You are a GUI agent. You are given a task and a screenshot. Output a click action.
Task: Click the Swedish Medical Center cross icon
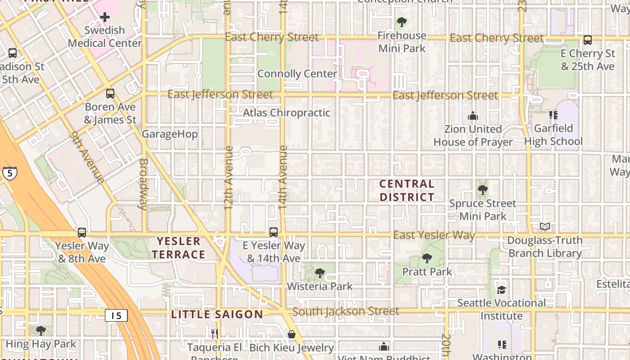(105, 18)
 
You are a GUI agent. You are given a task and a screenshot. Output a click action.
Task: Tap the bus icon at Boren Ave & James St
(110, 94)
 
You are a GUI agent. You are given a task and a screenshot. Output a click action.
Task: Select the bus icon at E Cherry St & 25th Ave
(588, 40)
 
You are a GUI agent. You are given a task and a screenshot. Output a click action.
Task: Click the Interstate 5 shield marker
(9, 173)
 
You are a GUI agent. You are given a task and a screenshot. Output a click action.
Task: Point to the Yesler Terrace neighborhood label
(179, 248)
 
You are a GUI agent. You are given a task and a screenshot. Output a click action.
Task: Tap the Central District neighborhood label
(407, 190)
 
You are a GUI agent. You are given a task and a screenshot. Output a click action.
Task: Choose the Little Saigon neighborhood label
(217, 315)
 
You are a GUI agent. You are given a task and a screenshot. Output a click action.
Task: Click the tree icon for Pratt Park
(427, 258)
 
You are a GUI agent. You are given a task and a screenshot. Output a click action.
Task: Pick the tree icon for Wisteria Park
(320, 273)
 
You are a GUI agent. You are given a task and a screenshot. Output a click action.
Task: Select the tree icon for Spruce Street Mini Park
(483, 190)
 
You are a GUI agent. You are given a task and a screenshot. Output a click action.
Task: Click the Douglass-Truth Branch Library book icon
(545, 226)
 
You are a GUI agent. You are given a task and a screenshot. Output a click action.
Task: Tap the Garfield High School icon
(553, 115)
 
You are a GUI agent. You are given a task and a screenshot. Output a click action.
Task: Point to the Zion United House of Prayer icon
(472, 116)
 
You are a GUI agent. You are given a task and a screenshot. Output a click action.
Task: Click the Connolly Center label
(297, 74)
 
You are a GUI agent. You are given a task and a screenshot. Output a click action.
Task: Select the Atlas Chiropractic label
(287, 113)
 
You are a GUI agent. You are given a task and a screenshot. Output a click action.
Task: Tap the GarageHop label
(170, 134)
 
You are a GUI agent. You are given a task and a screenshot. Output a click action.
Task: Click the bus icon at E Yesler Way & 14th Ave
(274, 232)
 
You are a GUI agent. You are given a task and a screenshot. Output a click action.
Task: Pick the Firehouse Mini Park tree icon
(401, 22)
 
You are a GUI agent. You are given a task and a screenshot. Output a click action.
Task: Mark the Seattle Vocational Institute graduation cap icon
(501, 289)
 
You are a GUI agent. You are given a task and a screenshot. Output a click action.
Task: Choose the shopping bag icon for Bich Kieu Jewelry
(292, 334)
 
